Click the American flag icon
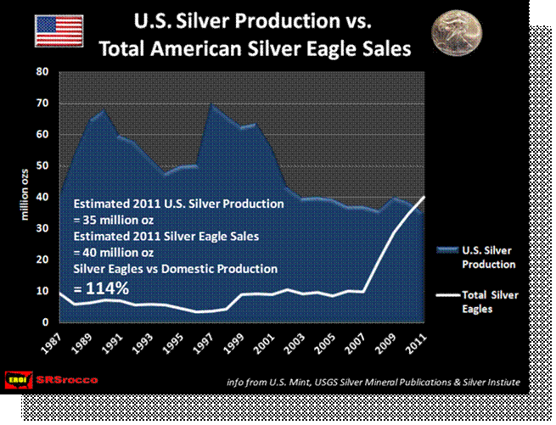coord(57,31)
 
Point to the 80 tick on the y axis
coord(42,72)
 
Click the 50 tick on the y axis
coord(42,166)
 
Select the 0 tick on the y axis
coord(44,322)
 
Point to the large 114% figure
coord(101,288)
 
